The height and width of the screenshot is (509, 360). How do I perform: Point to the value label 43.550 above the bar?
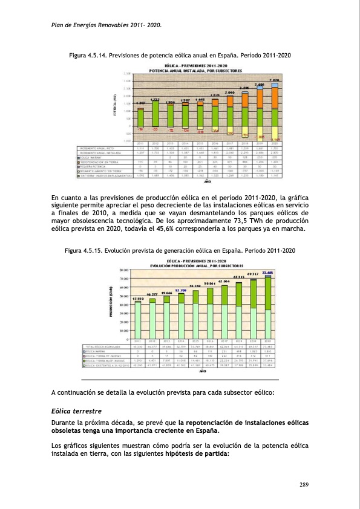pyautogui.click(x=137, y=298)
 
